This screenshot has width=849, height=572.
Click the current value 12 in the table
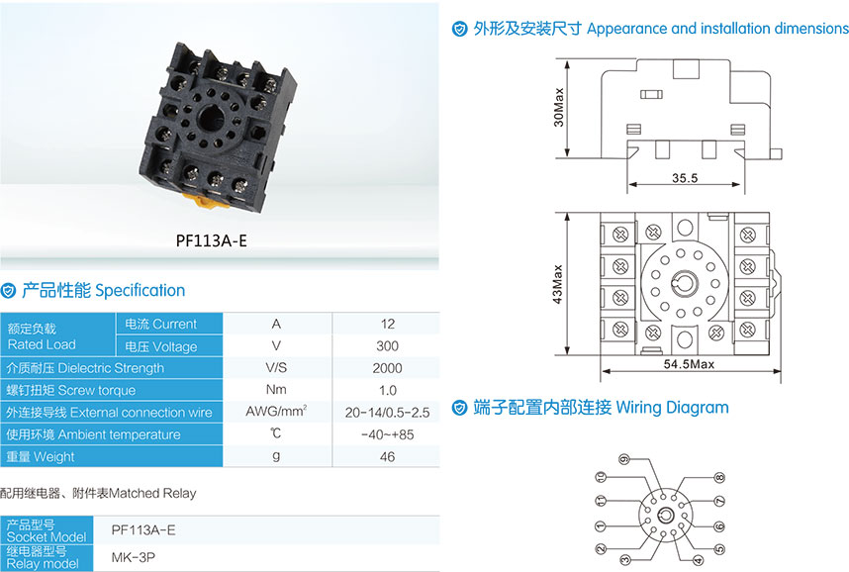pos(387,324)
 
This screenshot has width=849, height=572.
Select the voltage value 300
pos(387,346)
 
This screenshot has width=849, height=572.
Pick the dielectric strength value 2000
pos(387,368)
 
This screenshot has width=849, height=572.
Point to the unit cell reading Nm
pos(276,390)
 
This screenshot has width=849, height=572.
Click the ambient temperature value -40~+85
pos(387,434)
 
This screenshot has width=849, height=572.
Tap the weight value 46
pos(387,457)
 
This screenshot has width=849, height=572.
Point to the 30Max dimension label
pos(560,106)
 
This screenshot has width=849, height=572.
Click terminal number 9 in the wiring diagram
pos(624,460)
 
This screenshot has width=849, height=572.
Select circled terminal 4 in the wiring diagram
pos(698,561)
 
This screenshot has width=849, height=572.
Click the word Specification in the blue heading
pos(140,290)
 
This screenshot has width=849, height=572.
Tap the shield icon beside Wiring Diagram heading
pos(459,407)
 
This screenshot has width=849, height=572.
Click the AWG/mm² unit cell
pos(276,412)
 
